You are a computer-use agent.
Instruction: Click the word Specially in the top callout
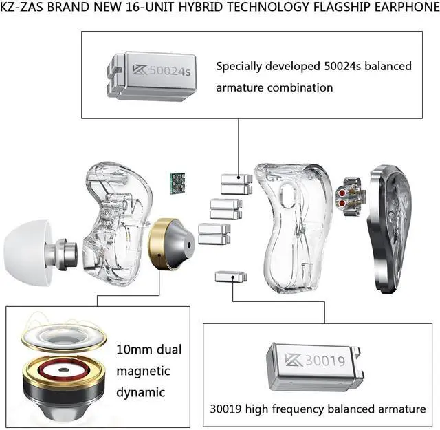point(237,67)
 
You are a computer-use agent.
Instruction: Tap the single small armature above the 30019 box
point(230,277)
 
